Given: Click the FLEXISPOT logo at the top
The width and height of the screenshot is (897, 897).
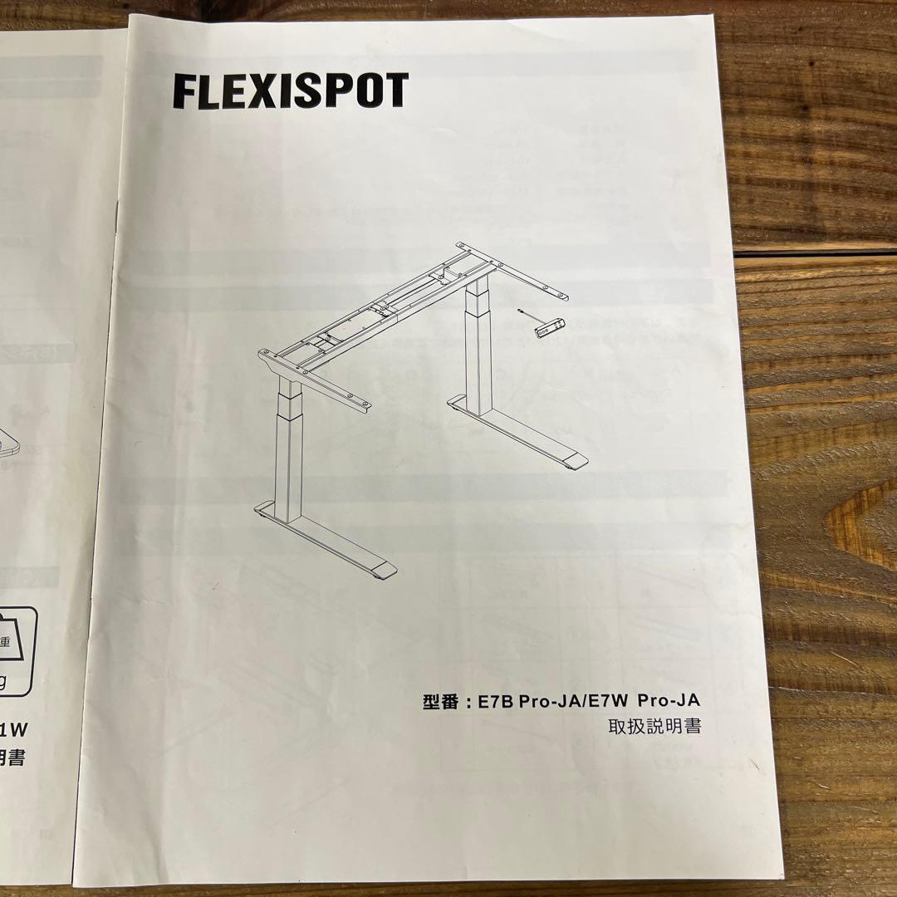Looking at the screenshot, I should point(290,91).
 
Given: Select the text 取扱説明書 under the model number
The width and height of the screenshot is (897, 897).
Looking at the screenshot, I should point(654,727).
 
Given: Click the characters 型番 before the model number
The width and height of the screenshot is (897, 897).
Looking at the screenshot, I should point(440,702).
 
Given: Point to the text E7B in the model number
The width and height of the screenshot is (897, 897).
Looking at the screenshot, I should point(496,702).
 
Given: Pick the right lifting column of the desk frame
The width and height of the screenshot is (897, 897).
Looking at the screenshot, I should point(478,345).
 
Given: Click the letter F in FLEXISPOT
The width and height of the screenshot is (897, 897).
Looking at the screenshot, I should point(184,91).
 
